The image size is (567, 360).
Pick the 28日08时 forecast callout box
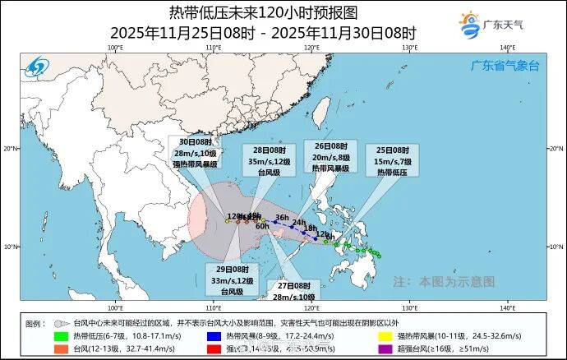(264, 161)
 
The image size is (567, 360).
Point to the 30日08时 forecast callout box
(194, 153)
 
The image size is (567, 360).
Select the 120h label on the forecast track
(235, 218)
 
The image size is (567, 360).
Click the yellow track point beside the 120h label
(228, 221)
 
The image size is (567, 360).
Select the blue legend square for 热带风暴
(212, 335)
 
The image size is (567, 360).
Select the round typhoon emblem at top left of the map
(38, 67)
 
